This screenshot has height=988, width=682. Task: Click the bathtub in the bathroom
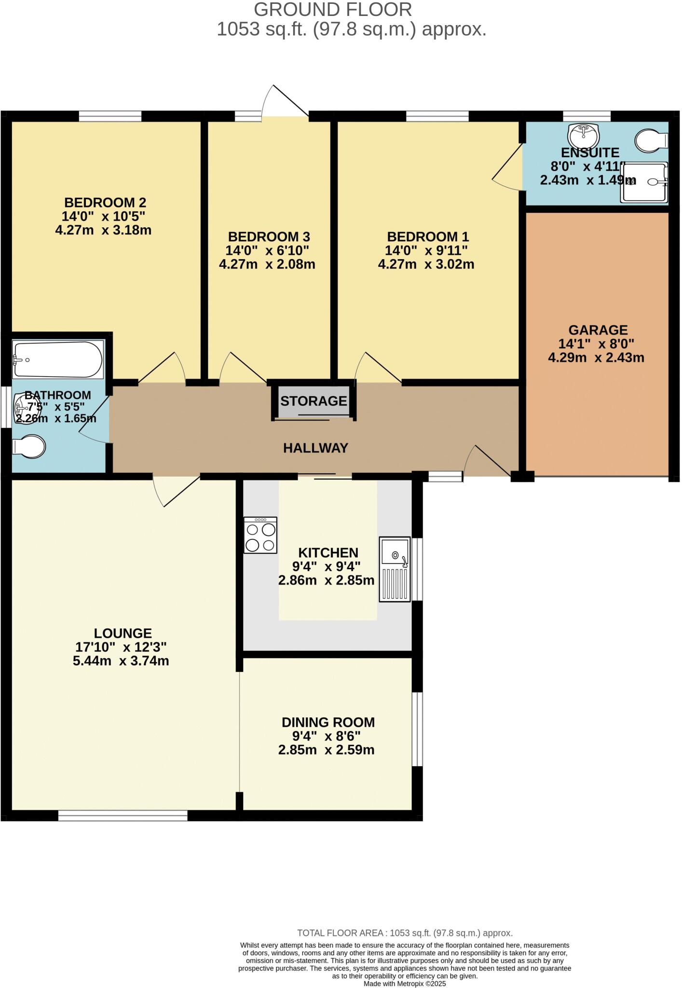58,360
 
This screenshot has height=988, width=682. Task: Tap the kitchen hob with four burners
260,535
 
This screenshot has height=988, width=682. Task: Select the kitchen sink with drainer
395,569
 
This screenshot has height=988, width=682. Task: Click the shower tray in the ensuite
645,181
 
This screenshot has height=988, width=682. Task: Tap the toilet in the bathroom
29,447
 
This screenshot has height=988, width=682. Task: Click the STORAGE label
314,401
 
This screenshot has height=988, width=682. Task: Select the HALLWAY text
315,448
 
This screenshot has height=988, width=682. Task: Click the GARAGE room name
598,330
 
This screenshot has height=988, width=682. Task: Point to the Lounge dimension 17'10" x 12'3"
121,647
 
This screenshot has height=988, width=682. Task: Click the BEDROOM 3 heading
269,237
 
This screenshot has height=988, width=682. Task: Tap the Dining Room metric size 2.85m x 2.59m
326,750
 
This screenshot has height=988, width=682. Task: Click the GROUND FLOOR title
333,10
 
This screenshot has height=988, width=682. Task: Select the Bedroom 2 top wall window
110,116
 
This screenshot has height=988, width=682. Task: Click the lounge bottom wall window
123,815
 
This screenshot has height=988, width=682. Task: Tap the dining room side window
417,729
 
